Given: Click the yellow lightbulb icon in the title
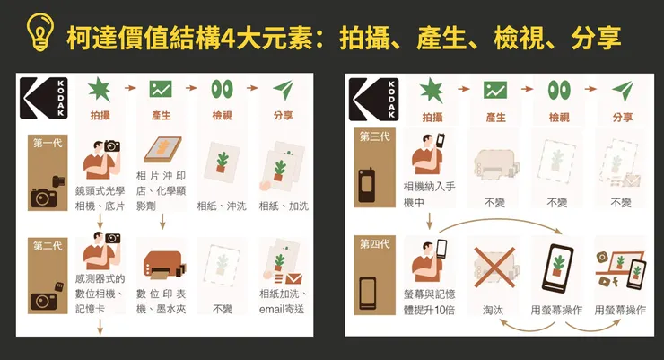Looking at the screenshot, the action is (40, 32).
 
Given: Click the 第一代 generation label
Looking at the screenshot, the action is (48, 143).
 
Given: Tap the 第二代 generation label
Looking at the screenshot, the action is (48, 246).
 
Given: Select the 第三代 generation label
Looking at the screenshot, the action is (375, 136).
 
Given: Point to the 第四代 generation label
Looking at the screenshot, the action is (375, 243).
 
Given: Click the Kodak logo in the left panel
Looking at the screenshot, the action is (44, 98).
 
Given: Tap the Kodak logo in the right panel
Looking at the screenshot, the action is (374, 99).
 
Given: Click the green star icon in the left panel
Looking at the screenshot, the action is (100, 90).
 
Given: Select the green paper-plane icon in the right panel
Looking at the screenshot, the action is (623, 90).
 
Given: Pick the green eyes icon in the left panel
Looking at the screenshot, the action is (222, 89).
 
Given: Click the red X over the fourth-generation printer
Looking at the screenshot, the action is (494, 268).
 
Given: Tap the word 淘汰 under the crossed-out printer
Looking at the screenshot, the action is (494, 311).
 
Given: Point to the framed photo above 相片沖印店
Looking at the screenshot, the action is (162, 150).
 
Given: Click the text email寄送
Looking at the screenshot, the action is (282, 310).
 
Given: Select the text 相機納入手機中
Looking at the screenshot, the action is (430, 195).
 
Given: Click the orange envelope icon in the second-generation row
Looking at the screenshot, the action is (294, 278).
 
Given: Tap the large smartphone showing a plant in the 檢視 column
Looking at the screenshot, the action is (558, 268).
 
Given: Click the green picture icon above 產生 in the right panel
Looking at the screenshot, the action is (495, 90).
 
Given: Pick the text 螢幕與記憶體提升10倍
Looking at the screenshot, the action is (430, 303).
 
